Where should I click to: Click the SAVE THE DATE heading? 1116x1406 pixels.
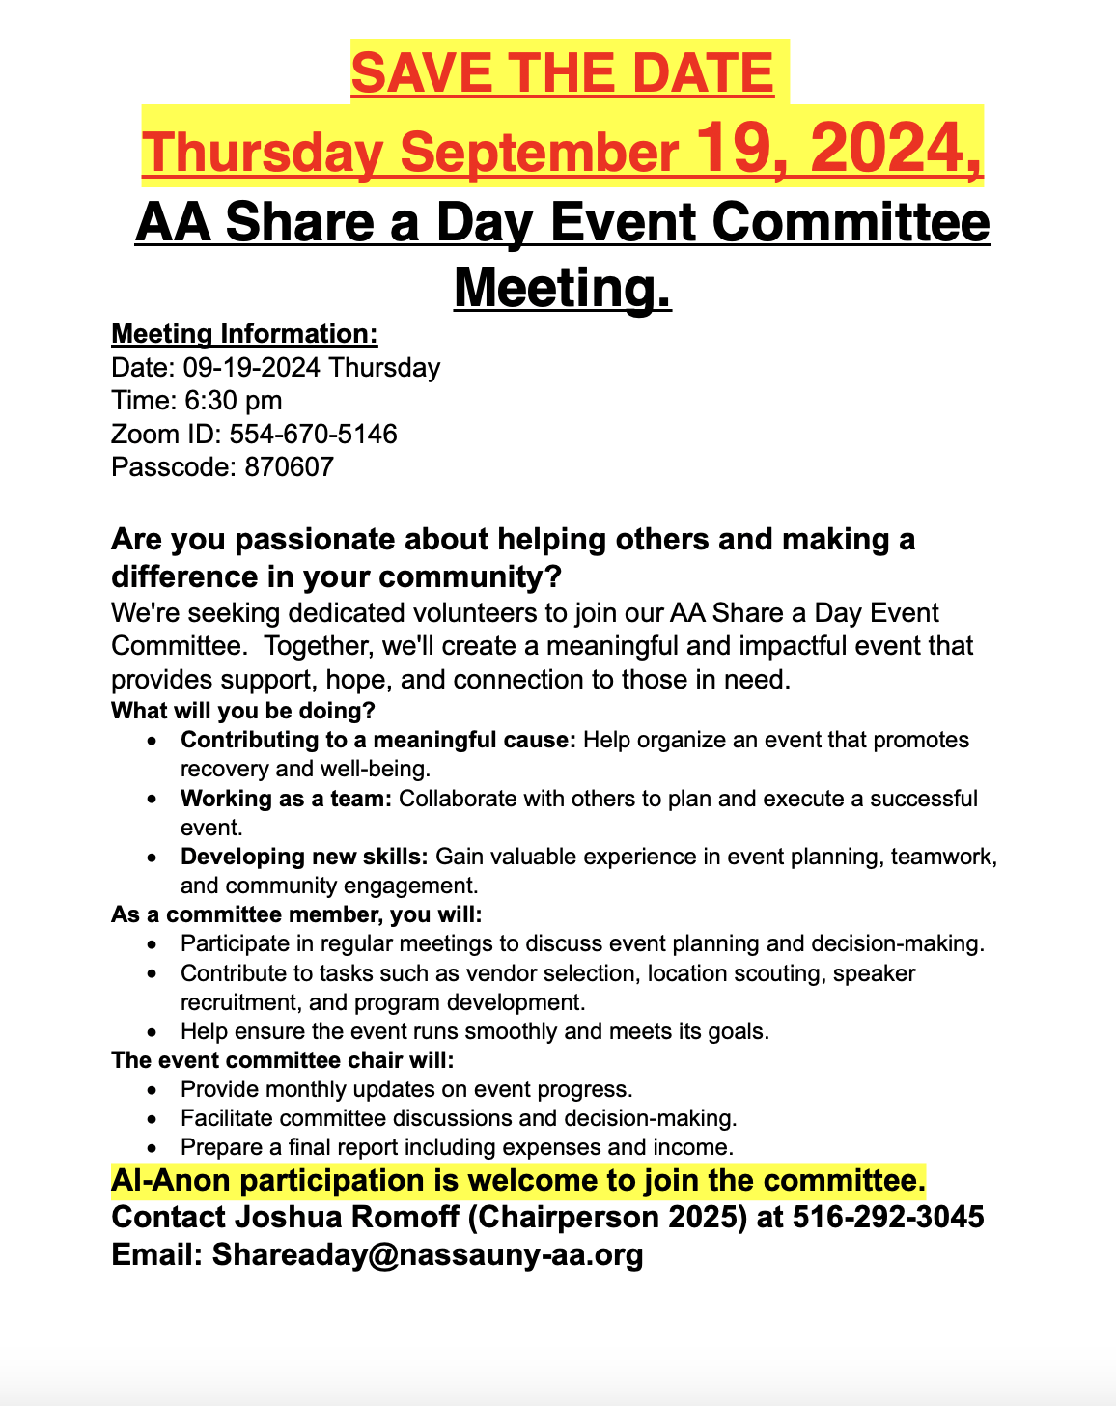[562, 73]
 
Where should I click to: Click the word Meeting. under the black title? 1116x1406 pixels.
[562, 287]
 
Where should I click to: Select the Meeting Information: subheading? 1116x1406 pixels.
[244, 334]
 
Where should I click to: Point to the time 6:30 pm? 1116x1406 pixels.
[234, 401]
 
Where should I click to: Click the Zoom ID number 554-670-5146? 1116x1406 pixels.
[313, 434]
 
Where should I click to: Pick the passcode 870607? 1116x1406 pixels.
[290, 467]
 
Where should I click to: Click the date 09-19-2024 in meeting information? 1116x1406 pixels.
[251, 368]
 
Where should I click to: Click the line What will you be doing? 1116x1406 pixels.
[243, 712]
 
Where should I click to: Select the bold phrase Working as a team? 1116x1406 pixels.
[286, 799]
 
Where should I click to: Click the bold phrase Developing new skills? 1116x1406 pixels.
[304, 857]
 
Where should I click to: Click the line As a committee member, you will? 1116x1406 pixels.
[296, 914]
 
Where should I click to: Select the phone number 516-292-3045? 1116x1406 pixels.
[888, 1217]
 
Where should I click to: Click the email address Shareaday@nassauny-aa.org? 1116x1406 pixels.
[428, 1255]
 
